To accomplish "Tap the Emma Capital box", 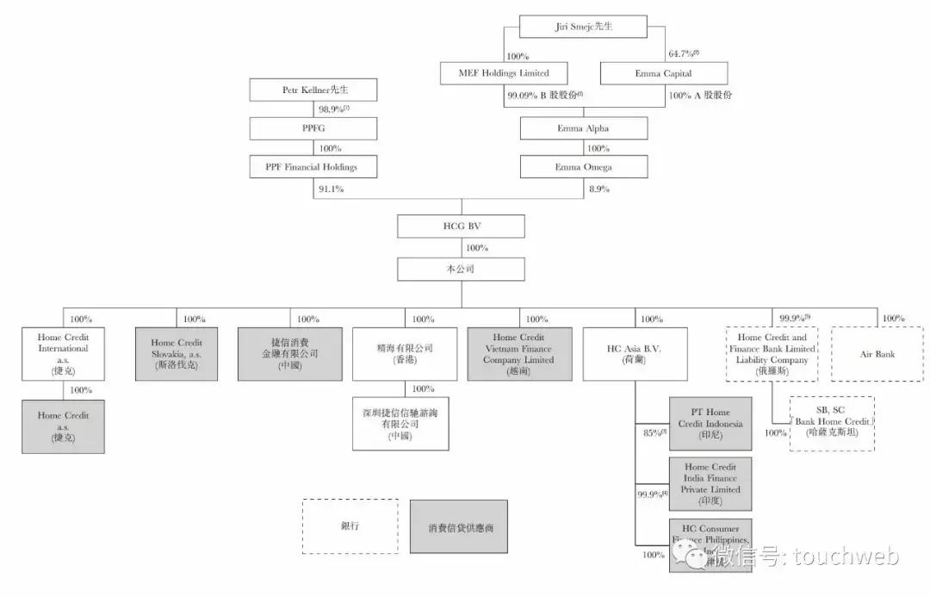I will [663, 73].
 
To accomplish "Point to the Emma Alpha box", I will [583, 128].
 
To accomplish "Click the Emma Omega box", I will [583, 166].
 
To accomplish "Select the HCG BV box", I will [461, 227].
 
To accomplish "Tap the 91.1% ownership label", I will [330, 190].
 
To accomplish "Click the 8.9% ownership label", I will [599, 190].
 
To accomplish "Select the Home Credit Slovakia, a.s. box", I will [177, 354].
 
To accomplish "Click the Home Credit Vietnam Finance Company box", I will [519, 354].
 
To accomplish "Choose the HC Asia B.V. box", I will [635, 354].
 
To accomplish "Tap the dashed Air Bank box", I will [877, 354].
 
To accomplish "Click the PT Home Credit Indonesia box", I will [710, 424].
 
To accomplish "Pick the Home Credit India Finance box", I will [710, 483].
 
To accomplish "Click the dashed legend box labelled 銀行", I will [350, 525].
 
